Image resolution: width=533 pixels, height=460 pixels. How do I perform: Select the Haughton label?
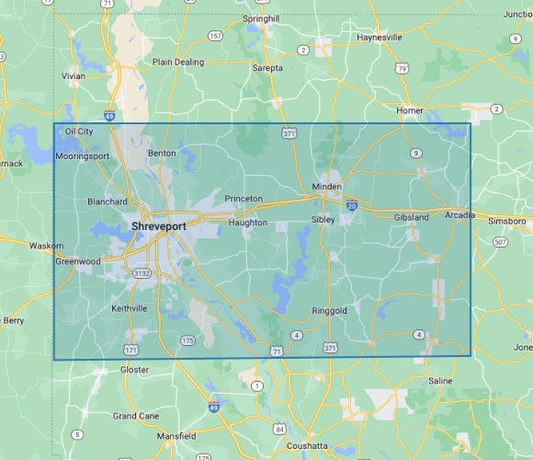pos(248,223)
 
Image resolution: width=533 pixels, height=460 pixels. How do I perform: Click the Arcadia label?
pos(459,215)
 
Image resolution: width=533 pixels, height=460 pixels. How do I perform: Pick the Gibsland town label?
pos(412,217)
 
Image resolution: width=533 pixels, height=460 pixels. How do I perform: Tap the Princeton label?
pos(244,199)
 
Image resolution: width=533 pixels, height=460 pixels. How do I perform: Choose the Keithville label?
pos(129,308)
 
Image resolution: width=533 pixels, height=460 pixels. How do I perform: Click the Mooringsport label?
pos(82,156)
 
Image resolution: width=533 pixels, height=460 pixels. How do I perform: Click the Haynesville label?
pos(380,38)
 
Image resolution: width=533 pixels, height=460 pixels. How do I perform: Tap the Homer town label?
pos(409,110)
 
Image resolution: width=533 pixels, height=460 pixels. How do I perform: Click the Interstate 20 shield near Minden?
pos(352,206)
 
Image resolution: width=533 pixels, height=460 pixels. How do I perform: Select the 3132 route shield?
pos(141,273)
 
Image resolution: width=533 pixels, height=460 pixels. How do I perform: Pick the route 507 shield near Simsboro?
pos(499,242)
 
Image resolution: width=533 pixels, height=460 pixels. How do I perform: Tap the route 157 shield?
pos(215,36)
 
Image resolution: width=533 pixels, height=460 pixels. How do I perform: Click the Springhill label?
pos(260,18)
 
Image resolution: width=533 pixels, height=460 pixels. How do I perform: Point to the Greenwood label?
pos(78,261)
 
